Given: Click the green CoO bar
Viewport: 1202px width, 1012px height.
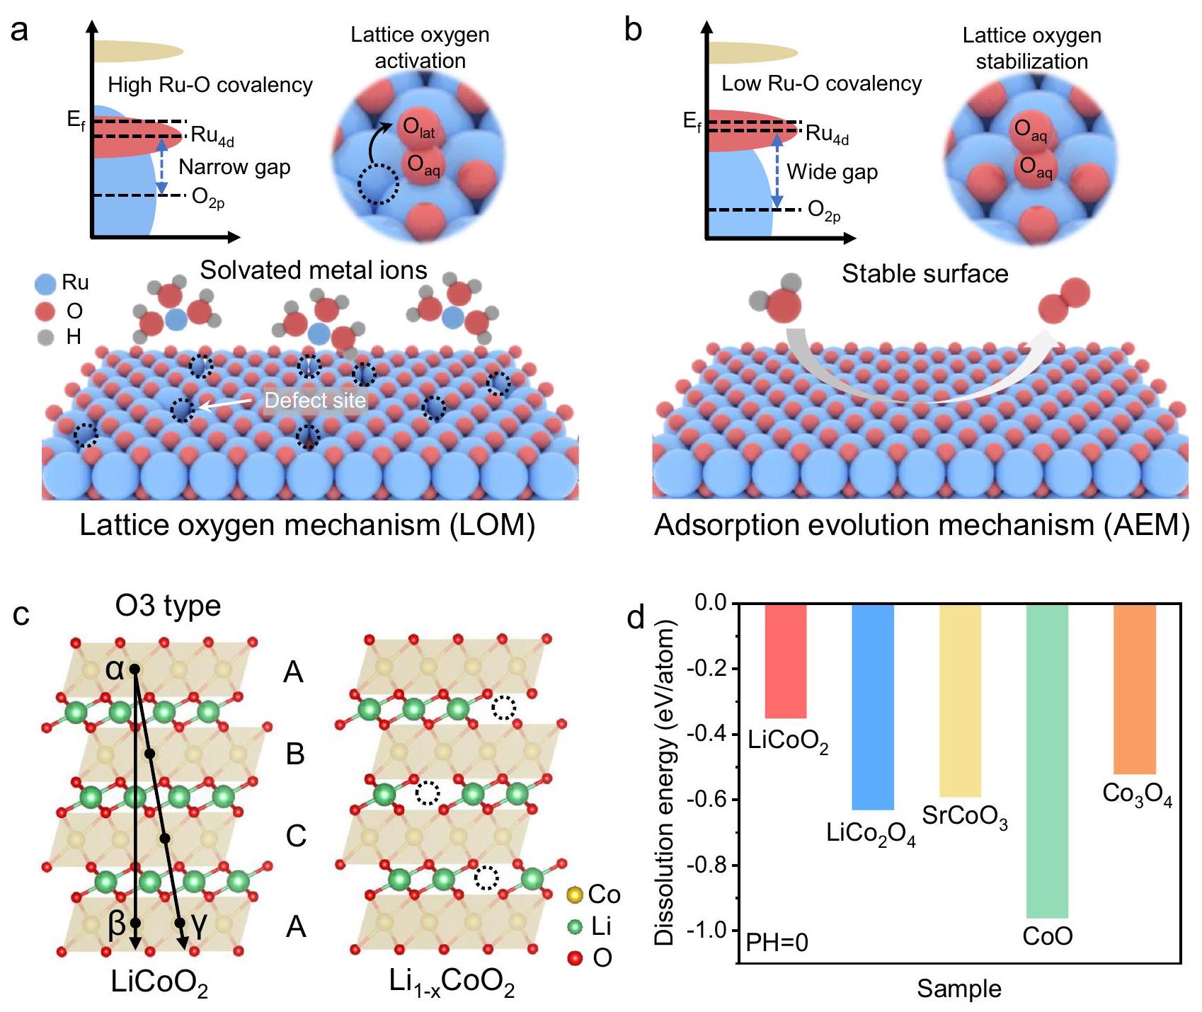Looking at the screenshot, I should tap(1047, 761).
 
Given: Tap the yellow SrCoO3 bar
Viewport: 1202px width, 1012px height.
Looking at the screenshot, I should tap(960, 700).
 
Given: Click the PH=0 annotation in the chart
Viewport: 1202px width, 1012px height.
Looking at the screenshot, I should tap(777, 942).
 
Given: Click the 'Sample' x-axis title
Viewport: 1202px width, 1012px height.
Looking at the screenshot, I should tap(959, 989).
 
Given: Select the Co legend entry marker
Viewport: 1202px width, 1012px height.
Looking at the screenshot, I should tap(576, 895).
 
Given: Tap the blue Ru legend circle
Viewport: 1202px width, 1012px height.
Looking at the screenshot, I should tap(45, 284).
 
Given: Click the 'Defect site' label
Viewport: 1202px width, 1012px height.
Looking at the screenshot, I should tap(315, 401).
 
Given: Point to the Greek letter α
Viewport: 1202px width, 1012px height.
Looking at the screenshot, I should tap(115, 669).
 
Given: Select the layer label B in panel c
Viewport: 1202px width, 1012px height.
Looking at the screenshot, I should tap(295, 754).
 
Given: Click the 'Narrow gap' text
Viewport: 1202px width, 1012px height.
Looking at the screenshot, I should tap(234, 167).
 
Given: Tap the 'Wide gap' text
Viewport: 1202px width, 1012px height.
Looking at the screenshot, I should tap(832, 172).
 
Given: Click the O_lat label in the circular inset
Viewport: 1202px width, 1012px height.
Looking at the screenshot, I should tap(418, 128).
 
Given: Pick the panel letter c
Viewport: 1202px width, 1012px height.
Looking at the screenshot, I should tap(21, 614).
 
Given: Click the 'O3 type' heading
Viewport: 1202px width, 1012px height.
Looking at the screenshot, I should tap(168, 606).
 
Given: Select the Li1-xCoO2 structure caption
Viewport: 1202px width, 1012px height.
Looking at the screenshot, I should tap(452, 982).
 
